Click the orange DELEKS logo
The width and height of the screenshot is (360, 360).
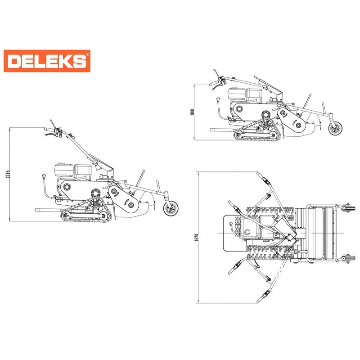(47, 61)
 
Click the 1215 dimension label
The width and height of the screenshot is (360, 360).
(8, 175)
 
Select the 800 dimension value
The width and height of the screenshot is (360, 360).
(193, 112)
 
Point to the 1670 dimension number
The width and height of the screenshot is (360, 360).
(196, 238)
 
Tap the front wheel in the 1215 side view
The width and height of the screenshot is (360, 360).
(171, 208)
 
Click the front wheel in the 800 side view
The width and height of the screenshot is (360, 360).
(335, 128)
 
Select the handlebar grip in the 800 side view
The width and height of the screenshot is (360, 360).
(213, 84)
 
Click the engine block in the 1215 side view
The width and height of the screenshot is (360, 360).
(73, 171)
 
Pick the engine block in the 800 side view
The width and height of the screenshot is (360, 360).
(245, 94)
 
